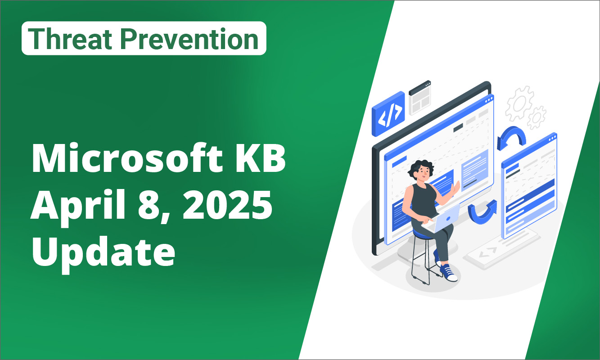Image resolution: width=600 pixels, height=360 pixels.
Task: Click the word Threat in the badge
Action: (x=70, y=39)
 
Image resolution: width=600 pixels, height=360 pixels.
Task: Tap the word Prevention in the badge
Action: (x=189, y=39)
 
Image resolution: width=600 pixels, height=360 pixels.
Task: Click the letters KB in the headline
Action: (x=260, y=158)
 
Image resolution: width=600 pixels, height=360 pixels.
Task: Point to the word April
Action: (x=78, y=206)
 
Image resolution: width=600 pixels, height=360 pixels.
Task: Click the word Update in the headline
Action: (x=104, y=253)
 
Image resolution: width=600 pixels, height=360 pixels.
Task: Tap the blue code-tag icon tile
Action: (x=388, y=114)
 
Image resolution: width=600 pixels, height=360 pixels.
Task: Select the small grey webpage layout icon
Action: (x=420, y=98)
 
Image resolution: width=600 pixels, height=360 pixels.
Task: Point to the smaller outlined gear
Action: (x=536, y=118)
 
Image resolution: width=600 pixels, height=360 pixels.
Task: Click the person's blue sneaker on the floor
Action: (x=448, y=273)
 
